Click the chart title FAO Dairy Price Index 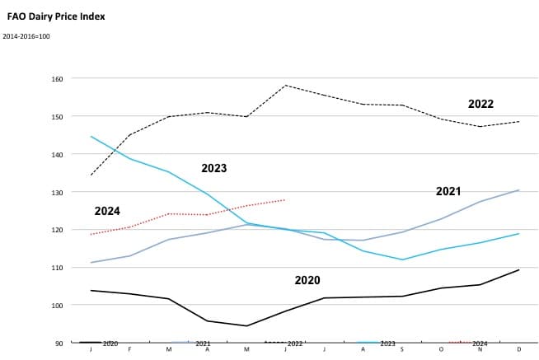[56, 16]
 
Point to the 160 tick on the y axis [70, 79]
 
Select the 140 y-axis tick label [70, 154]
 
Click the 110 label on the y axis [70, 268]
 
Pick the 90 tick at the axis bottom [72, 343]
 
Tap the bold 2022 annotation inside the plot [480, 104]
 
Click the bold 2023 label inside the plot [213, 168]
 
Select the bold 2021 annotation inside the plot [448, 191]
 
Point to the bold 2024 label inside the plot [107, 211]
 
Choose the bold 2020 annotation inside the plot [307, 280]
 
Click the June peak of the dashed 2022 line [285, 85]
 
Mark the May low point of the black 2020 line [246, 325]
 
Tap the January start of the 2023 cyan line [91, 137]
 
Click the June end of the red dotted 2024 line [285, 199]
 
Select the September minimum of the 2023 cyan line [402, 259]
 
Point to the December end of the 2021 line [518, 190]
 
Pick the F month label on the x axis [129, 349]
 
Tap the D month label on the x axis [518, 349]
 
